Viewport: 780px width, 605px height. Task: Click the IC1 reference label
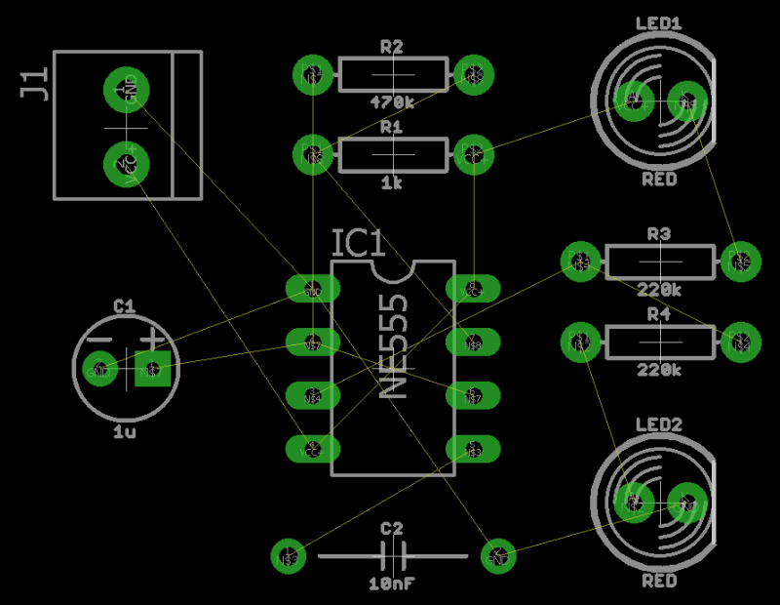tap(359, 245)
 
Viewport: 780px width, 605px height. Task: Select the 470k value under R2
tap(392, 101)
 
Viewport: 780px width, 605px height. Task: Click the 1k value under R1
tap(392, 182)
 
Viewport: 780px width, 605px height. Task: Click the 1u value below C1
tap(125, 431)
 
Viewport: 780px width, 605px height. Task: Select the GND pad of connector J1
tap(127, 89)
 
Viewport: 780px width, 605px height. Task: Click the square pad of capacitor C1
tap(152, 370)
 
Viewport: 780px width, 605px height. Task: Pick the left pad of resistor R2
tap(312, 73)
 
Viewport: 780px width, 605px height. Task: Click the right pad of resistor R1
tap(473, 153)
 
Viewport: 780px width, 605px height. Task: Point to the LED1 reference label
tap(659, 23)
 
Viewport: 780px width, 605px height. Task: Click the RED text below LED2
tap(659, 582)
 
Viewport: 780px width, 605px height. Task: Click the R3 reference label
tap(660, 234)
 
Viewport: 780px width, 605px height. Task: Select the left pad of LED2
tap(633, 504)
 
